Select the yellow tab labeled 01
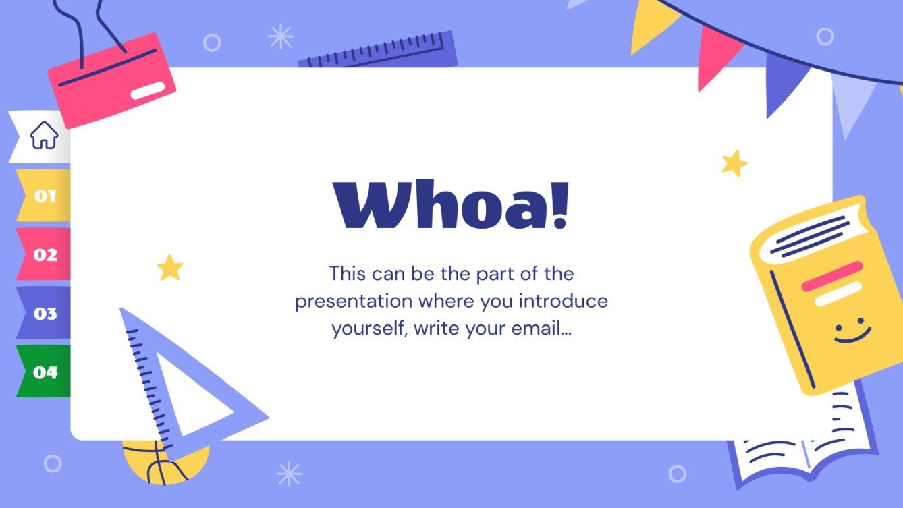click(44, 196)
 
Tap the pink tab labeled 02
click(44, 254)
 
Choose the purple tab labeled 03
click(44, 313)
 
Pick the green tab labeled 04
click(44, 372)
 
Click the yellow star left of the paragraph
click(170, 268)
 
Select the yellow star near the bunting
click(734, 163)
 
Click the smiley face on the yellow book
click(852, 332)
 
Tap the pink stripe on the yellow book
click(831, 276)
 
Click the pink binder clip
click(111, 80)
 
